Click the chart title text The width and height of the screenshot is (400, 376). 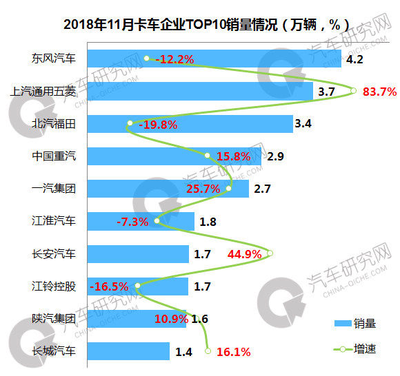click(x=206, y=25)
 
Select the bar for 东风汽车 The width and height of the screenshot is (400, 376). click(x=214, y=59)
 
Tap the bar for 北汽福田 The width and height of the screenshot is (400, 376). click(x=190, y=124)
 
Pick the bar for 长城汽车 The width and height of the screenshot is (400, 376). click(x=128, y=351)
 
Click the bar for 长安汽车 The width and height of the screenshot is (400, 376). click(x=138, y=253)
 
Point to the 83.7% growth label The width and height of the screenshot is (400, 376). click(x=379, y=92)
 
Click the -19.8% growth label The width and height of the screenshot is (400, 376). click(x=158, y=125)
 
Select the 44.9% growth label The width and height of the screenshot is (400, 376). click(x=244, y=254)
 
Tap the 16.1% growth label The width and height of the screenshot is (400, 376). click(x=234, y=352)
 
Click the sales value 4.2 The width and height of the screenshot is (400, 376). click(x=354, y=59)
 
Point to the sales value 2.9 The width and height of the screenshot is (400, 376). click(x=275, y=156)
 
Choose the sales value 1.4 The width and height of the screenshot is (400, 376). click(x=183, y=352)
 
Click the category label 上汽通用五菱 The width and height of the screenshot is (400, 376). click(x=43, y=91)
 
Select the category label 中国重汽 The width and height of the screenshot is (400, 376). click(x=54, y=156)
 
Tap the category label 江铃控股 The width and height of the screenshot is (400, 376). click(x=54, y=286)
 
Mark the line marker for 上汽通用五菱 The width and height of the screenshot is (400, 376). click(x=353, y=90)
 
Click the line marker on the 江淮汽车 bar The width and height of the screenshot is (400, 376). click(x=157, y=220)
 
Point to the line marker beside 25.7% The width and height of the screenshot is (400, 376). click(x=228, y=188)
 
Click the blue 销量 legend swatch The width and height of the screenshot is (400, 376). click(x=343, y=324)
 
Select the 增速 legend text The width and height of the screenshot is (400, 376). click(x=365, y=348)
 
